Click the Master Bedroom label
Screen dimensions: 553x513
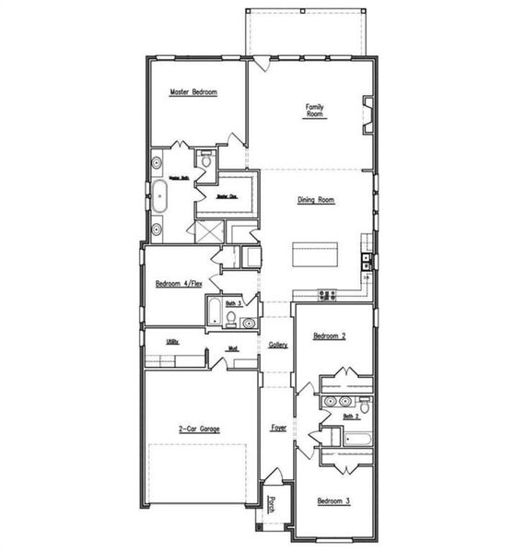(192, 92)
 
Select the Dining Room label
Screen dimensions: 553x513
(315, 199)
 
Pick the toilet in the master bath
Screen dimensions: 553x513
(206, 160)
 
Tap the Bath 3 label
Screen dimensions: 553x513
(233, 303)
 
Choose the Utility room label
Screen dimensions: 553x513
(171, 341)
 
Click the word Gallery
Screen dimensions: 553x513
(278, 345)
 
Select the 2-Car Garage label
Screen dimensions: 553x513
(199, 428)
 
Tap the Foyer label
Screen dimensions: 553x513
(278, 428)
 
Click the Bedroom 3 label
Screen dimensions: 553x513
(332, 500)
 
